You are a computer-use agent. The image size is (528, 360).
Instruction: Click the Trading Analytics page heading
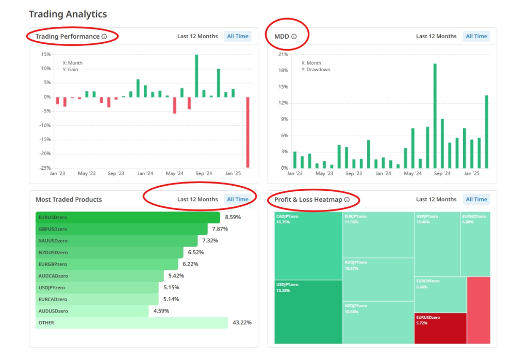[68, 14]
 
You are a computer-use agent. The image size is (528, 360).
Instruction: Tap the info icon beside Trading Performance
[104, 37]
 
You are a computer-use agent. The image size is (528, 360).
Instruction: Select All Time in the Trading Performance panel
[238, 36]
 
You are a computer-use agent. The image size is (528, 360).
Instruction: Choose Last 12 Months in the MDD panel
[436, 36]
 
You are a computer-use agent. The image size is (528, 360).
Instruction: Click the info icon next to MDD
[294, 37]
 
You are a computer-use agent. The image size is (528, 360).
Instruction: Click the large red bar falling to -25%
[248, 132]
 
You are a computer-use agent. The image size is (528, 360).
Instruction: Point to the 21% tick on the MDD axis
[283, 54]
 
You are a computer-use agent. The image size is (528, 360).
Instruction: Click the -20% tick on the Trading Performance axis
[46, 154]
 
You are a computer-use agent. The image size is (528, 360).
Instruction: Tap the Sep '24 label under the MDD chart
[442, 174]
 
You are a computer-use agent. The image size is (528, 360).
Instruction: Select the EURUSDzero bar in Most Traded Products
[128, 217]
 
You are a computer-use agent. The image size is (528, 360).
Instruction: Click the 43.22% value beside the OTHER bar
[242, 323]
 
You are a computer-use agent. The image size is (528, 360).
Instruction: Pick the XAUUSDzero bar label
[53, 241]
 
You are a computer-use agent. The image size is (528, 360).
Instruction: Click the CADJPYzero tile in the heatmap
[308, 246]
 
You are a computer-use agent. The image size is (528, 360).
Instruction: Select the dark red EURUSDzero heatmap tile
[440, 328]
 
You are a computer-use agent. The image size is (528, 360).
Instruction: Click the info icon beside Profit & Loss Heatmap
[347, 200]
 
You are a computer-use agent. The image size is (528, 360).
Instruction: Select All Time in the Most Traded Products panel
[238, 199]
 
